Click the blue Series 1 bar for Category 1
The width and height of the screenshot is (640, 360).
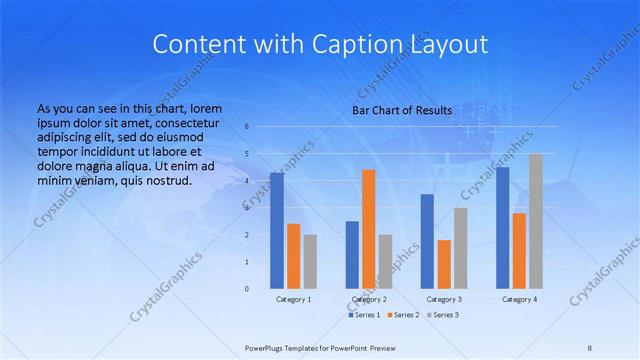tap(276, 231)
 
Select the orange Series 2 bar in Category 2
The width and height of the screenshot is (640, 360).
tap(368, 229)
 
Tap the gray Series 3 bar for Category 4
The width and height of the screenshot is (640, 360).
tap(536, 221)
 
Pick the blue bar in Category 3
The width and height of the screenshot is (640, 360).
tap(427, 241)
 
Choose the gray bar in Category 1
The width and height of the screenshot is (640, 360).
tap(310, 261)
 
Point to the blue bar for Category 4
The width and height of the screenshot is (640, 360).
tap(503, 227)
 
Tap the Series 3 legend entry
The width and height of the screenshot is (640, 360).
tap(444, 315)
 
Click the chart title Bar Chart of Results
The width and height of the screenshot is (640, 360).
tap(402, 110)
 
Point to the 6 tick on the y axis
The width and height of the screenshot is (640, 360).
tap(246, 127)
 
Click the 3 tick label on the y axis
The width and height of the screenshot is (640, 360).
tap(246, 208)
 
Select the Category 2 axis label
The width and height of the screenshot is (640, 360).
tap(369, 300)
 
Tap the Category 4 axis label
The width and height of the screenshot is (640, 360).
tap(519, 300)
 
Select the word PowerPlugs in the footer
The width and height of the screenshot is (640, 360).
tap(266, 347)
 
